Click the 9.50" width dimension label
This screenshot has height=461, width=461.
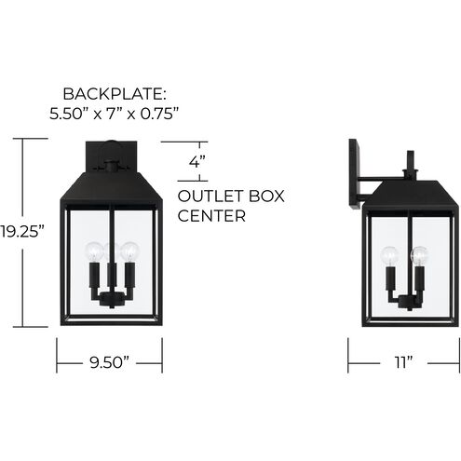click(x=110, y=359)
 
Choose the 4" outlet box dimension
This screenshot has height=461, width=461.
click(x=196, y=161)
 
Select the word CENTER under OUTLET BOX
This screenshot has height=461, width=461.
click(x=211, y=217)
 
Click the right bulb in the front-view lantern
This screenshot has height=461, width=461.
click(x=129, y=251)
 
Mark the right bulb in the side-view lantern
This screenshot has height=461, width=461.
click(x=419, y=254)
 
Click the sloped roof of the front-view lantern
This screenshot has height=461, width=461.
click(x=110, y=186)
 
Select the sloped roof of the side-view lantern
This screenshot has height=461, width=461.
click(x=407, y=191)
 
